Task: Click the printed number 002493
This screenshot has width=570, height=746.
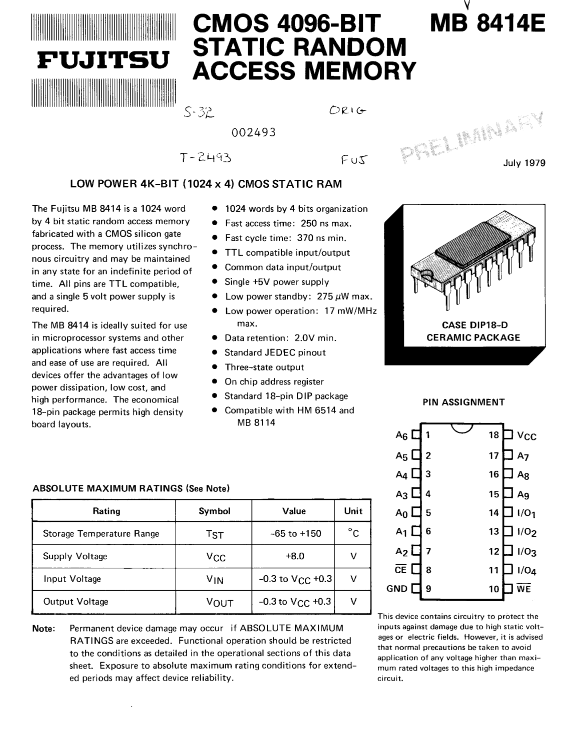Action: pos(253,133)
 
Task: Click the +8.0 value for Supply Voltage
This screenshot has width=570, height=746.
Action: pos(294,556)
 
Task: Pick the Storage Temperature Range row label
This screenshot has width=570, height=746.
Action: pos(101,533)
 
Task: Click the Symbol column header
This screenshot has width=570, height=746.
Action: pos(214,511)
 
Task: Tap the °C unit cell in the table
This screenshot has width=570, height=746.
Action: pos(353,533)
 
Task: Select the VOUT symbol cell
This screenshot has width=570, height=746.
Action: pos(219,602)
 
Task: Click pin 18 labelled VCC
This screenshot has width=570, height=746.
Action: pos(526,436)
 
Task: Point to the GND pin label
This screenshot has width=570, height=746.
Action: pos(397,589)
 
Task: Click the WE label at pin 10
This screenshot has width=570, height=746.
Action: pos(524,589)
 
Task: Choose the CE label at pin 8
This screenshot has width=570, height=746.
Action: pos(401,570)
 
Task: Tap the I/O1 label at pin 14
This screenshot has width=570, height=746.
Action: pos(526,513)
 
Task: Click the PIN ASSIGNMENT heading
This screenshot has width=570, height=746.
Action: pos(463,402)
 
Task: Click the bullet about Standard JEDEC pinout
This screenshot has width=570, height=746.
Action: pos(274,353)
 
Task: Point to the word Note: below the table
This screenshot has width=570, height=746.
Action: pos(43,628)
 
